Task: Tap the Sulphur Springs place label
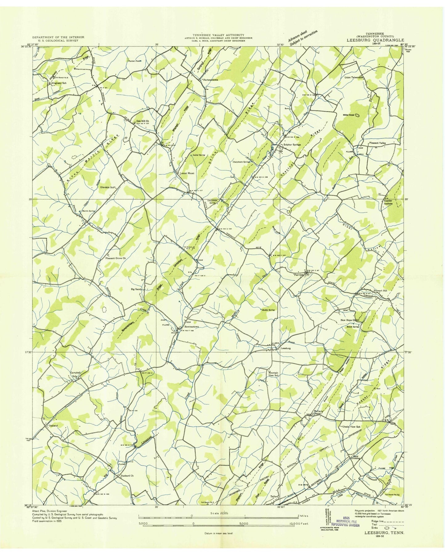(x=292, y=144)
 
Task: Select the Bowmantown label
(x=192, y=327)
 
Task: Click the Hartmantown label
(x=210, y=80)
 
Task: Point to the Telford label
(x=274, y=505)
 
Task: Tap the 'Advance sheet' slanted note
(x=302, y=37)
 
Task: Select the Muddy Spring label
(x=268, y=310)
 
